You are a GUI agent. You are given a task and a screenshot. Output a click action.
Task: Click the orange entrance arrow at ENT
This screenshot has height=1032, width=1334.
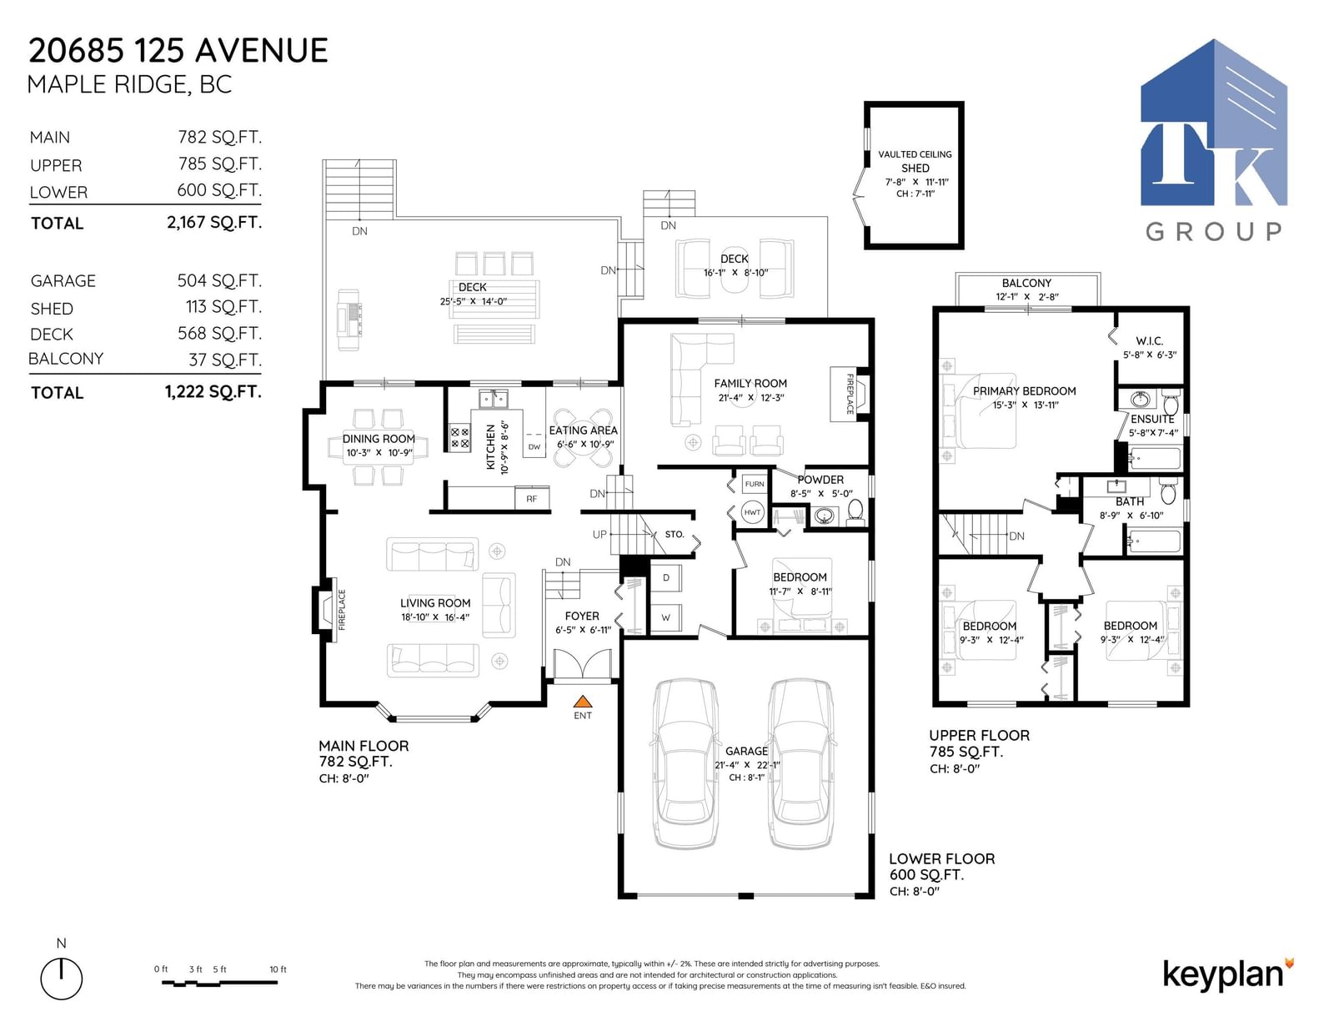[583, 701]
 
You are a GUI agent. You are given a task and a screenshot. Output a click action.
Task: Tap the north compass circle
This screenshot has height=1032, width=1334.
[62, 979]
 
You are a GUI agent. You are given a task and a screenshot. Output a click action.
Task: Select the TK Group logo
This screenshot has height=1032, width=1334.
[1214, 140]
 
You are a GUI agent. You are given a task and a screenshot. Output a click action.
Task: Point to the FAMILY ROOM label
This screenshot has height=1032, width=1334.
[750, 383]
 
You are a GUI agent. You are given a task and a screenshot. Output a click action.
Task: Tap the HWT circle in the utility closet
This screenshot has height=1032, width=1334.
[752, 512]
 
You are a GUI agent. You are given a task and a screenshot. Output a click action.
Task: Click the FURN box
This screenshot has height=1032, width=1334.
[755, 484]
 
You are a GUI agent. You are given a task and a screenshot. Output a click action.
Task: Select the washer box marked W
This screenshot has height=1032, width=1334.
[666, 617]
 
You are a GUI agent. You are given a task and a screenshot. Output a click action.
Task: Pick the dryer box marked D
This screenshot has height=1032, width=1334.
[666, 577]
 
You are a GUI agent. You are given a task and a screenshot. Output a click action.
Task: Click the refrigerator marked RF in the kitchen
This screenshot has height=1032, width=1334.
[532, 498]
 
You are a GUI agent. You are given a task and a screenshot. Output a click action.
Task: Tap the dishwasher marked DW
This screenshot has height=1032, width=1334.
[534, 446]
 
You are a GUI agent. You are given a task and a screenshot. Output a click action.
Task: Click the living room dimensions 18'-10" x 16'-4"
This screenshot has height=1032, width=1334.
[435, 617]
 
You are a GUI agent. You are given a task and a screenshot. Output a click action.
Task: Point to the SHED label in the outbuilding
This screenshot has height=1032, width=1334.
[915, 168]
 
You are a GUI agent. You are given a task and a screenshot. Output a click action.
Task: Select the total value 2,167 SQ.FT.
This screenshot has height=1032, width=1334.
[214, 223]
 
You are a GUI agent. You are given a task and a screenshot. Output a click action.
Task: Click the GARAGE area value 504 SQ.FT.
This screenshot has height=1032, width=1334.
[220, 280]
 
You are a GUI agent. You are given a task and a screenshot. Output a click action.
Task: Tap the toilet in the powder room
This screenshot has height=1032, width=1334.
[855, 512]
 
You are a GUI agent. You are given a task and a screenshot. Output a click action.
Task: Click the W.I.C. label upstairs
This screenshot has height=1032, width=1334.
[1149, 341]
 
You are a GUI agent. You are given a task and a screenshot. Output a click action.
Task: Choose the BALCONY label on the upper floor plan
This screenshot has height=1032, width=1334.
[1026, 283]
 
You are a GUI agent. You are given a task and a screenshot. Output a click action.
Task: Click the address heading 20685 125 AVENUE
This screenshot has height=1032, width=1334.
[178, 50]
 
